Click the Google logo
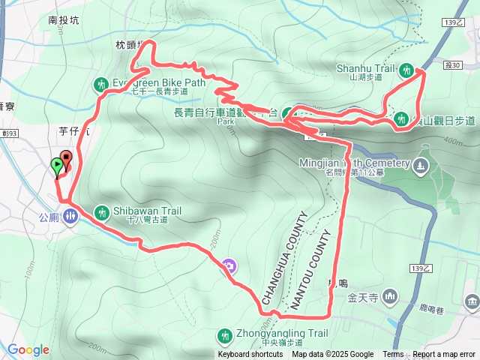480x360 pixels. tap(28, 349)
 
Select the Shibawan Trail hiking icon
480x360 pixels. tap(102, 211)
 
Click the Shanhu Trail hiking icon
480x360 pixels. tap(406, 70)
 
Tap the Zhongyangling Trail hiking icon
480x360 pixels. tap(224, 334)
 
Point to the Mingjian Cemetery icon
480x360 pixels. tap(421, 163)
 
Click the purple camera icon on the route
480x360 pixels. tap(229, 265)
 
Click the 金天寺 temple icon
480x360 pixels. tap(388, 297)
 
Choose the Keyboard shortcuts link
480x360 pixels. tap(250, 355)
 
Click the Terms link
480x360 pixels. tap(393, 355)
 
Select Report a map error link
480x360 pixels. tap(443, 355)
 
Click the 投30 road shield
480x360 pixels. tap(452, 65)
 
